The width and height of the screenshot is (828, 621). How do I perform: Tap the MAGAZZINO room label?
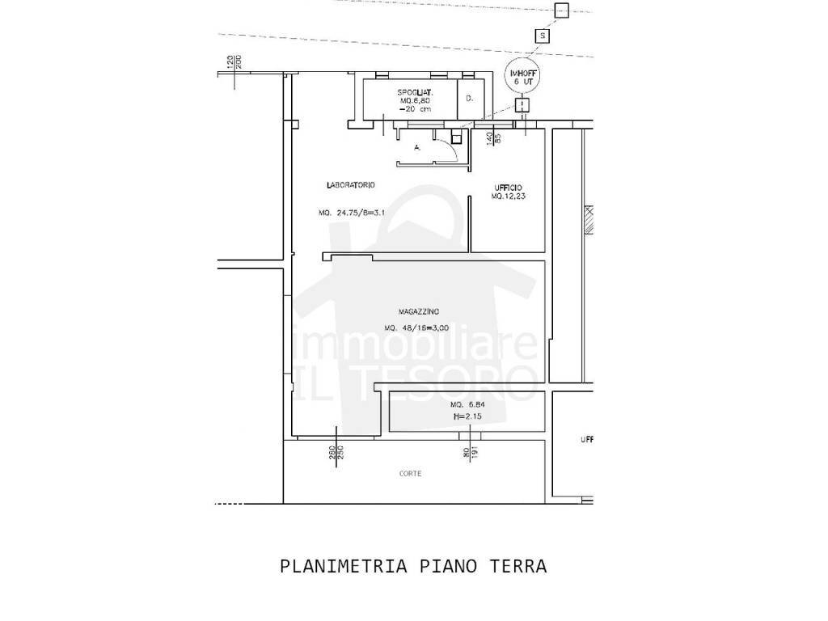(418, 312)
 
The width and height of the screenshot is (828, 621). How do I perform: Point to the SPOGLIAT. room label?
(416, 92)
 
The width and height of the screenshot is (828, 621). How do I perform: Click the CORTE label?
(410, 474)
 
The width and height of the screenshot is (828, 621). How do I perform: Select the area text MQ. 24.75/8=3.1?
(350, 214)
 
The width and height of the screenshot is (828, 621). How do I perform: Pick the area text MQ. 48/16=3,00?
(416, 328)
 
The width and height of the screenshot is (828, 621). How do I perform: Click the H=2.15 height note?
(467, 416)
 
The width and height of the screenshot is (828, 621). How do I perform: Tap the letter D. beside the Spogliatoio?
(469, 99)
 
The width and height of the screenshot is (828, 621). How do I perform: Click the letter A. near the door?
(416, 148)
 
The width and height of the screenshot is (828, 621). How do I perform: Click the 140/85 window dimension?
(494, 138)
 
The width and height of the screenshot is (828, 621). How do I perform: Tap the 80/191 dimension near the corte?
(471, 453)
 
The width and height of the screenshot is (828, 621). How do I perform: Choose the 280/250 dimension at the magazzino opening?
(336, 454)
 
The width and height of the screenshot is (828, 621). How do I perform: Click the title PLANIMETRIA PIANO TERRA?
(413, 566)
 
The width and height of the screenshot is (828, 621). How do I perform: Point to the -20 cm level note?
(413, 109)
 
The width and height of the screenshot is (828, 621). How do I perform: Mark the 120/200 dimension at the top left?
(234, 61)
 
